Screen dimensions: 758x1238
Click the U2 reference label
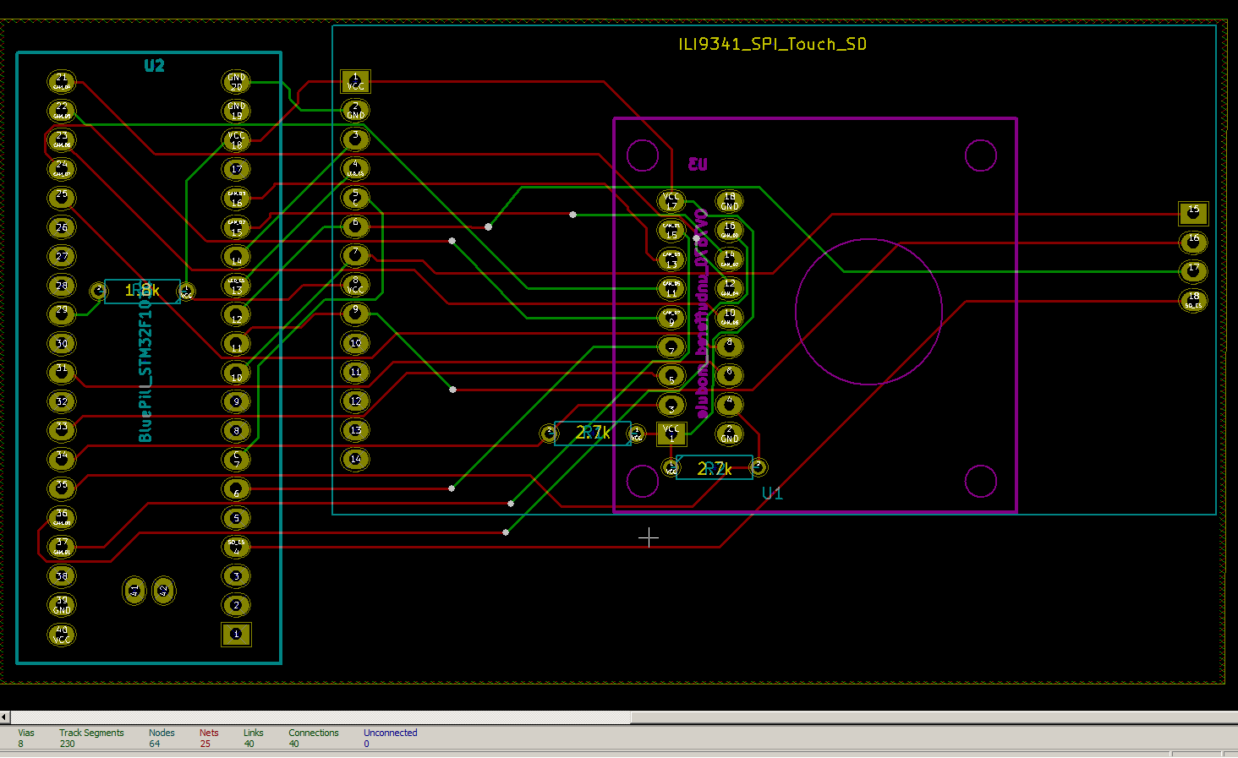coord(154,66)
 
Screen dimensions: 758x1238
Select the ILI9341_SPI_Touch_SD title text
coord(772,44)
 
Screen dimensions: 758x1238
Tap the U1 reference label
coord(772,494)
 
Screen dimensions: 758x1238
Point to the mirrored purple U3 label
coord(698,164)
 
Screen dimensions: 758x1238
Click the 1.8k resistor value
coord(142,291)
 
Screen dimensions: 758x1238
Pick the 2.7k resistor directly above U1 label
coord(715,468)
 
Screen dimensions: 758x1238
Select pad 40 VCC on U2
coord(62,635)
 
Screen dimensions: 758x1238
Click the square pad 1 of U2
coord(236,634)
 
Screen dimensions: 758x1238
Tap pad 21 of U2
coord(62,82)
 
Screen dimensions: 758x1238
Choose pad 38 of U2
coord(62,576)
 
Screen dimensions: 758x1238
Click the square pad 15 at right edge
coord(1193,213)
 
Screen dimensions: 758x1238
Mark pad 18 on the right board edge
coord(1193,300)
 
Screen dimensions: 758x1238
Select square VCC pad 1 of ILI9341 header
coord(355,82)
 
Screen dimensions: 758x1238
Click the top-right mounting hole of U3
coord(981,155)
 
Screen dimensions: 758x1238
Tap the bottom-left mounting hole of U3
coord(643,482)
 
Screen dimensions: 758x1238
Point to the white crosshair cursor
coord(649,537)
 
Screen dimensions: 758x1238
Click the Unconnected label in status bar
coord(390,733)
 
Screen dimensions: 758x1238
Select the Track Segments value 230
coord(67,744)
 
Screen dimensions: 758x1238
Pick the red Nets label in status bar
coord(209,733)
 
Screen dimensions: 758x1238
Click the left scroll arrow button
coord(5,717)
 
